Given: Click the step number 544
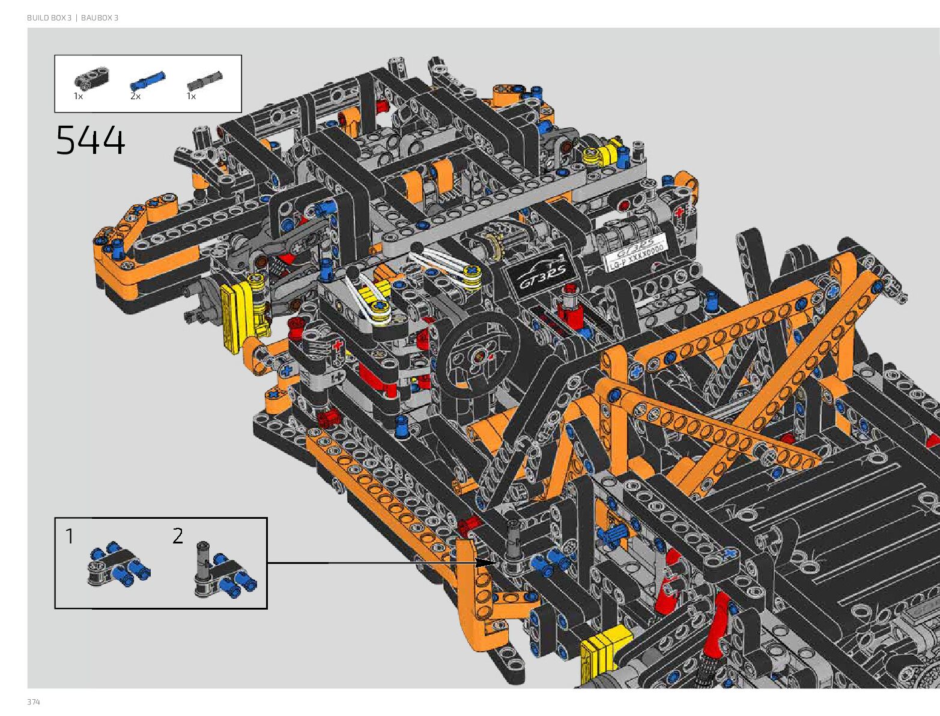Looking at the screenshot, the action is [x=91, y=141].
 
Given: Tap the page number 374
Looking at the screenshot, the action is [x=34, y=702].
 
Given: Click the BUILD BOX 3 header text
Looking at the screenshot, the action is [x=49, y=18].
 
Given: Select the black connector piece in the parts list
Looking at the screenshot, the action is [x=91, y=80].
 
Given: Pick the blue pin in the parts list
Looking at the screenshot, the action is [x=147, y=81].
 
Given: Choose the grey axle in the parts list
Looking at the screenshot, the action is [x=205, y=80].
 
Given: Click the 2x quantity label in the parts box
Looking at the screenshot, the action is [x=135, y=96].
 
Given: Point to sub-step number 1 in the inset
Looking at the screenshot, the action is [x=70, y=536].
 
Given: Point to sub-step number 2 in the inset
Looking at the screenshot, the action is [x=178, y=536].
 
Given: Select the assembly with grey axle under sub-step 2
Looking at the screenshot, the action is [x=223, y=572].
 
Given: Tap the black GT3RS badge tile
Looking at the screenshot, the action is [x=544, y=273].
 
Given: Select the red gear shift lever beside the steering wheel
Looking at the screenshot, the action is [x=567, y=306].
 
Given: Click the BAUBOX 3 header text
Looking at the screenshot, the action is [x=100, y=18].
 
